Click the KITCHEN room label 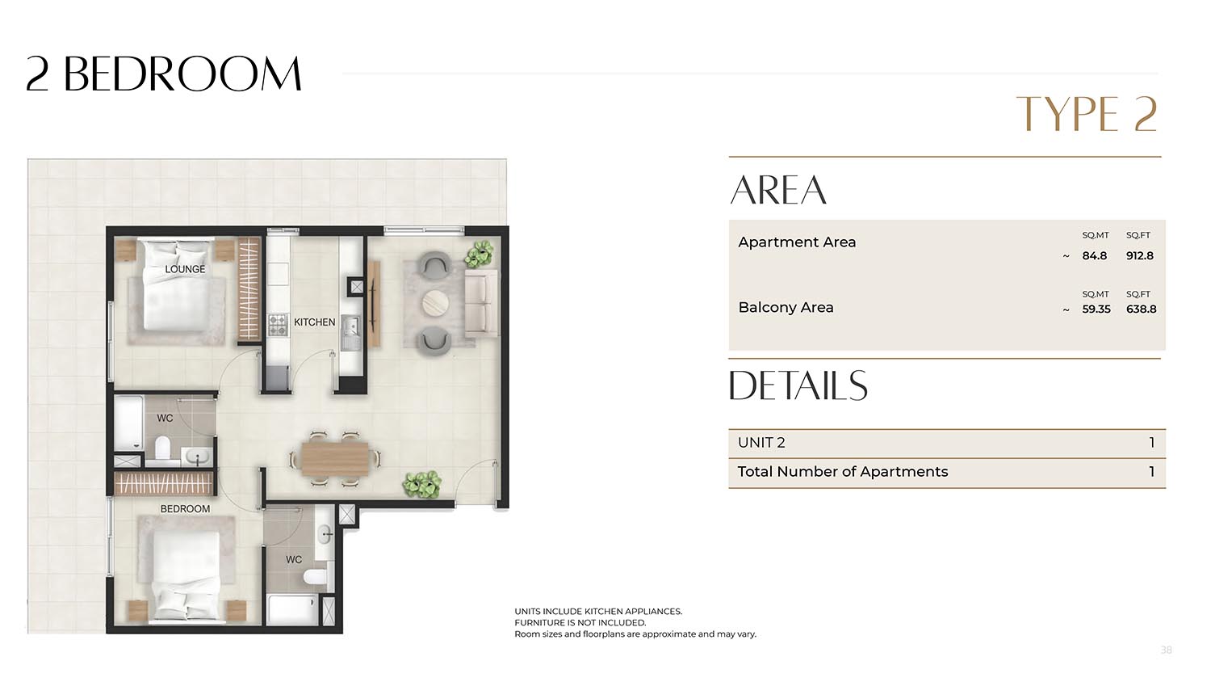314,322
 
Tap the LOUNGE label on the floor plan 185,269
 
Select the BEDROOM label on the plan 185,509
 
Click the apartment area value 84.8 1094,255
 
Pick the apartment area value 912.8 1140,255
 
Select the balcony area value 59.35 1096,309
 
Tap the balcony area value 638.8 1142,309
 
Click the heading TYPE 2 1087,114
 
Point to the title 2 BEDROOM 164,74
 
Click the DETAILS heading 798,385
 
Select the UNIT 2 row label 761,443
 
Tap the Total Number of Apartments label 843,471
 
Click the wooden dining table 335,460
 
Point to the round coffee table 435,302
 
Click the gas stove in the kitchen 278,326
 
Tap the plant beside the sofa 480,254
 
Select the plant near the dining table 422,482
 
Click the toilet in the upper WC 163,448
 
